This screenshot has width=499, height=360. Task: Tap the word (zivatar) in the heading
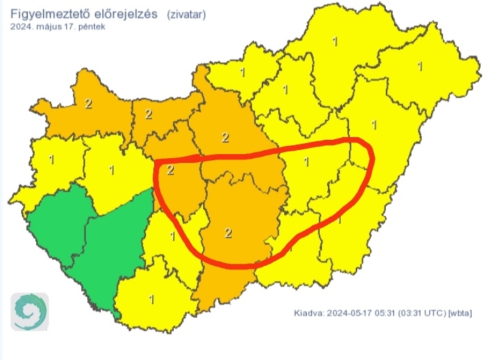pos(185,13)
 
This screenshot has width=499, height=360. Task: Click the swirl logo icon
pos(29,312)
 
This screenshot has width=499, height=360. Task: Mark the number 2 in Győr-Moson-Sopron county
pos(88,104)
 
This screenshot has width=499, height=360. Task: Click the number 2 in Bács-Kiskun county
pos(228,233)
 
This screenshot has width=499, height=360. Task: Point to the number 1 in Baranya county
pos(151,299)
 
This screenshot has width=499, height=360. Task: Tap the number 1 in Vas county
pos(52,160)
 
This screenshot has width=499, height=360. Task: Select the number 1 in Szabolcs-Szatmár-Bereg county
pos(419,67)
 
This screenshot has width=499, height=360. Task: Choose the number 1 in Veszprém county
pos(112,169)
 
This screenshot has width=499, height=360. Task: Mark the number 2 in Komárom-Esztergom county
pos(149,114)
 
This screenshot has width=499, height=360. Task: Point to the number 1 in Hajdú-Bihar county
pos(373,125)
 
